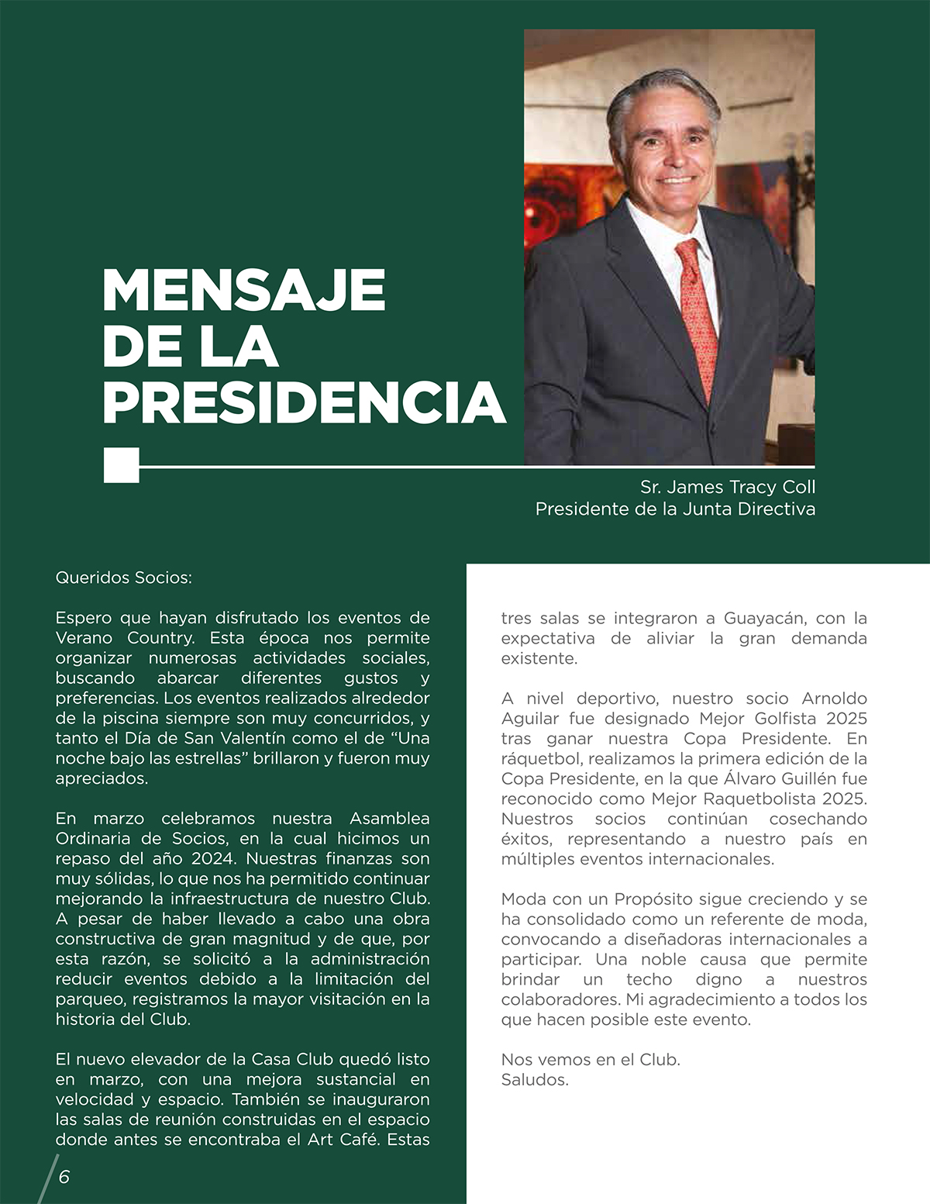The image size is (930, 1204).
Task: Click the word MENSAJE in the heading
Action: [243, 291]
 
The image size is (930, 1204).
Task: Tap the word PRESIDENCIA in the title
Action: [304, 402]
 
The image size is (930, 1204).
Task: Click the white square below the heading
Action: [122, 465]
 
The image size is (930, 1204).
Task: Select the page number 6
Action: [64, 1176]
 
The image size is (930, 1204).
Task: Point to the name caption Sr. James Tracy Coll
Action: [727, 487]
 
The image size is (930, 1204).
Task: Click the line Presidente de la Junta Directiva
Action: [674, 509]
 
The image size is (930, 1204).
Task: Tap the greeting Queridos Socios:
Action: [123, 578]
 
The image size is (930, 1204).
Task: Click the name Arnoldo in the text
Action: [834, 699]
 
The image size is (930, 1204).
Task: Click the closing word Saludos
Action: [535, 1079]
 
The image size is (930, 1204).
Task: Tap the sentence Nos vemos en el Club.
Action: [591, 1059]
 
